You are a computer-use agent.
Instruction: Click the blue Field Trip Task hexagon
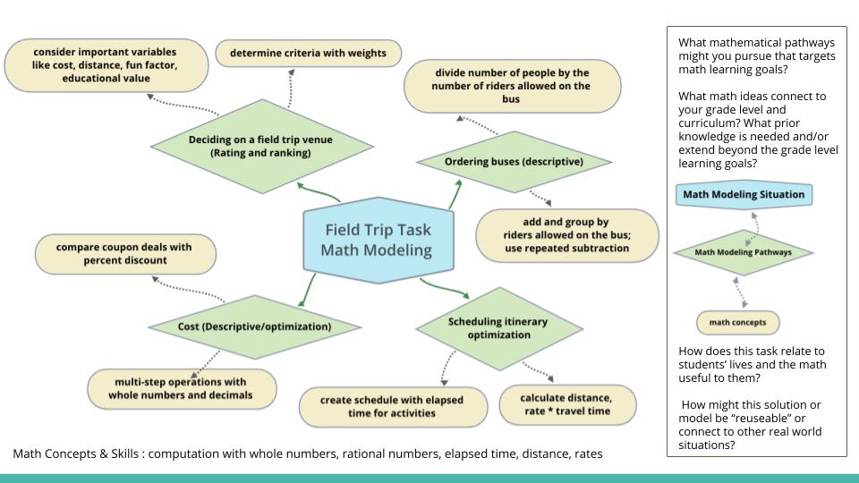(378, 241)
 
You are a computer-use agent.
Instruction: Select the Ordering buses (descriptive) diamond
(514, 162)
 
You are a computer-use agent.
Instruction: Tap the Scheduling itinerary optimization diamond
(498, 328)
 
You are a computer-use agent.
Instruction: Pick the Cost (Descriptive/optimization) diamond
(254, 327)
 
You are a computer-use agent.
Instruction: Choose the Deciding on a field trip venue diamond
(262, 146)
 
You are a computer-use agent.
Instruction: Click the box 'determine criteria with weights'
(309, 53)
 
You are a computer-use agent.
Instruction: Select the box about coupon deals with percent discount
(125, 254)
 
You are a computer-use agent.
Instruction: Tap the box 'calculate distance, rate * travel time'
(567, 404)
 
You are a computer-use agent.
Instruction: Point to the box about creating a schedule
(393, 407)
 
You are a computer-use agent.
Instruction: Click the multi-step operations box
(182, 389)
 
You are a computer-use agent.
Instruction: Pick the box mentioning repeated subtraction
(567, 235)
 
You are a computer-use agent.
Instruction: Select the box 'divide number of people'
(512, 86)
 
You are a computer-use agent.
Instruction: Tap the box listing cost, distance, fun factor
(106, 65)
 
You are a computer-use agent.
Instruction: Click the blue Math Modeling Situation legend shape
(744, 194)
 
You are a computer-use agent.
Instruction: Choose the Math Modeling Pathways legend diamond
(743, 252)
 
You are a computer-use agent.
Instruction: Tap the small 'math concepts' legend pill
(737, 323)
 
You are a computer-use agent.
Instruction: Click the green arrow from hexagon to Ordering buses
(455, 194)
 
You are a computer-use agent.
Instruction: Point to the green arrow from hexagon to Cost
(307, 290)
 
